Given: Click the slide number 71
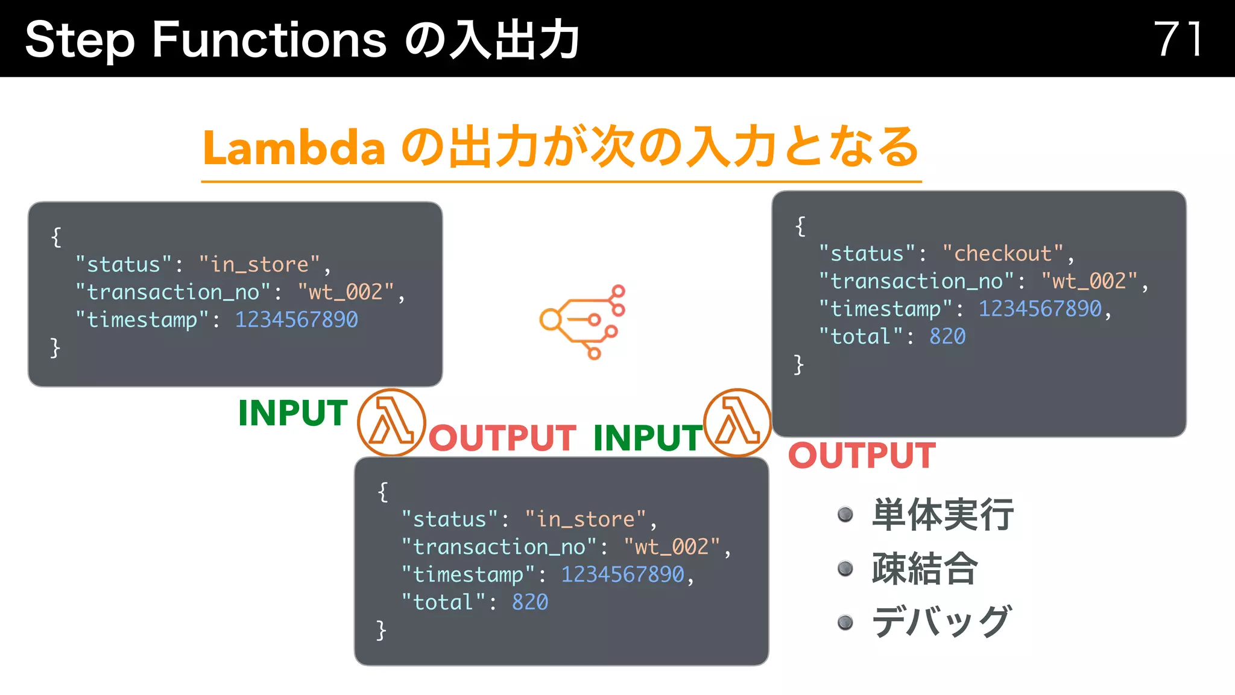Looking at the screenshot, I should pos(1178,39).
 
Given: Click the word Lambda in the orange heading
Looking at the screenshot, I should pos(294,148).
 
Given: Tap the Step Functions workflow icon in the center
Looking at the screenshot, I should pos(583,321).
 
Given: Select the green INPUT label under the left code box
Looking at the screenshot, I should pos(293,413).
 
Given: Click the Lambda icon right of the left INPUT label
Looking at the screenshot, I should pos(391,423).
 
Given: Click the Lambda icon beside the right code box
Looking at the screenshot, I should pos(738,423).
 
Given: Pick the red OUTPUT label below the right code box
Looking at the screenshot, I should pos(862,455).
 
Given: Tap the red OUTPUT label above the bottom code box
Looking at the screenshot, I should pos(502,438).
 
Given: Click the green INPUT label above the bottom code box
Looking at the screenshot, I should pos(648,438).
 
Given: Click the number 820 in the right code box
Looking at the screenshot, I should pos(947,337).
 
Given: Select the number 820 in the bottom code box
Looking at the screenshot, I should pos(530,602).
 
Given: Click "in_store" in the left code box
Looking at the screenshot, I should pos(259,265).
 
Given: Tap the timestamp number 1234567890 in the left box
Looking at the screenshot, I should pos(296,320).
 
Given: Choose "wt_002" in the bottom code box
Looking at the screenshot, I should pos(672,547).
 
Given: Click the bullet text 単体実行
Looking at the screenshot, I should pos(943,515).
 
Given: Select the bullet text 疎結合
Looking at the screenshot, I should pos(924,568).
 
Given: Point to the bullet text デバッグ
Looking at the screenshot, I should pos(941,622).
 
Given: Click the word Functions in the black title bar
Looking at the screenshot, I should pos(269,40).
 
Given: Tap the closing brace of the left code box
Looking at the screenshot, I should pos(55,348).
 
